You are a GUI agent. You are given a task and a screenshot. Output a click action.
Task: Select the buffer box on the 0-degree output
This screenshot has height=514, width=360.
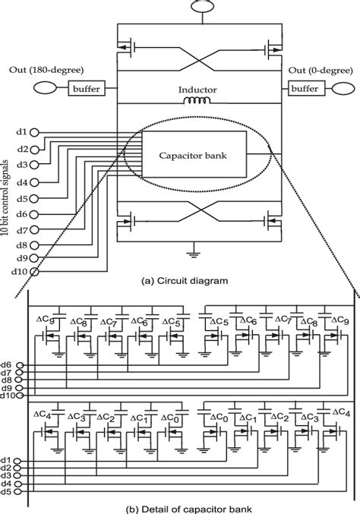click(x=304, y=89)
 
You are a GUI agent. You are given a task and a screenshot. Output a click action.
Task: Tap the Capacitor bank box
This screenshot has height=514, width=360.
click(x=201, y=155)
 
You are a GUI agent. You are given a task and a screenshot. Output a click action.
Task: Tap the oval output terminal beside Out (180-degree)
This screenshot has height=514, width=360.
click(x=43, y=90)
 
